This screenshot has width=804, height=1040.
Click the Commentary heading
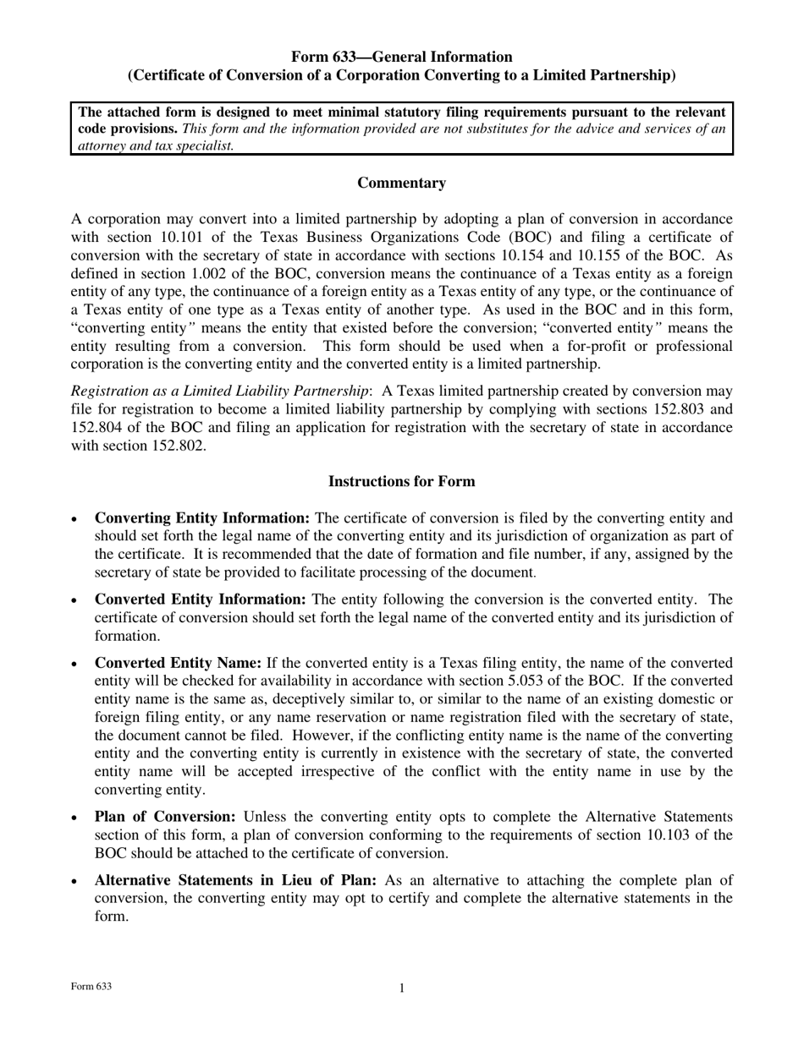click(x=401, y=183)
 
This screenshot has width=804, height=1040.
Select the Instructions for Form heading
click(x=401, y=482)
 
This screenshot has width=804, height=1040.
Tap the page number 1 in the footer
click(x=402, y=988)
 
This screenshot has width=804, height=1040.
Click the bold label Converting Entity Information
click(x=202, y=518)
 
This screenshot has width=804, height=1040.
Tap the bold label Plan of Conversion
click(x=165, y=817)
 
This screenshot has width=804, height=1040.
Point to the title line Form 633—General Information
click(x=401, y=57)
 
